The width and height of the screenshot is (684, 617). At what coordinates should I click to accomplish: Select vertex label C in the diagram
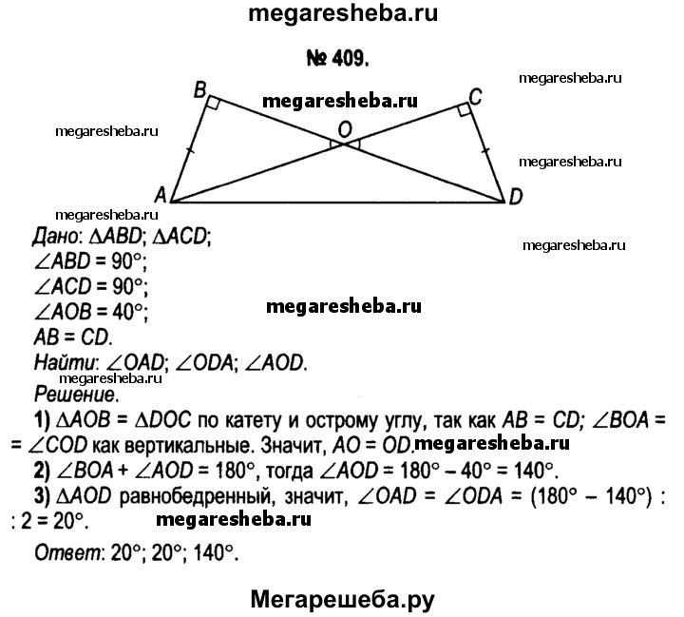pos(476,95)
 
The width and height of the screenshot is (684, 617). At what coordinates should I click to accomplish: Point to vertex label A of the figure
pos(161,194)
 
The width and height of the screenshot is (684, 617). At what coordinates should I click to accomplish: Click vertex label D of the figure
pos(516,197)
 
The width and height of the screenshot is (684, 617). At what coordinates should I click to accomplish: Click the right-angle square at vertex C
pos(462,111)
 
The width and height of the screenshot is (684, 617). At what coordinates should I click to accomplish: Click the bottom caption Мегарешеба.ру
pos(342,597)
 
